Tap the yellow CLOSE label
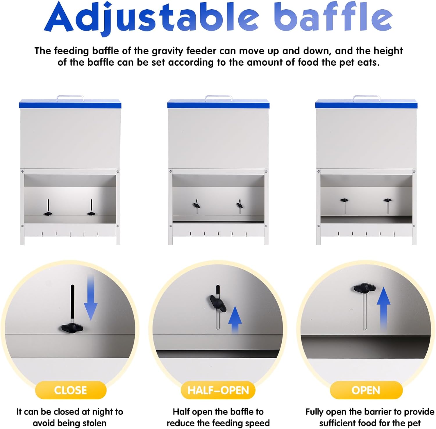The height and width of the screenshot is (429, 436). pyautogui.click(x=71, y=390)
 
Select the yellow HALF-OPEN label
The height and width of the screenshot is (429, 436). pyautogui.click(x=218, y=390)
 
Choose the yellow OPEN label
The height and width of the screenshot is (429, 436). pyautogui.click(x=366, y=390)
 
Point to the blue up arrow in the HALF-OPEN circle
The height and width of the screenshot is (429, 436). pyautogui.click(x=235, y=320)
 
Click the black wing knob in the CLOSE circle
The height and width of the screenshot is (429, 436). pyautogui.click(x=72, y=328)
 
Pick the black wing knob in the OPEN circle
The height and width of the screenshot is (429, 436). pyautogui.click(x=364, y=288)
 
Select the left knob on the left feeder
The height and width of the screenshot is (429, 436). pyautogui.click(x=48, y=214)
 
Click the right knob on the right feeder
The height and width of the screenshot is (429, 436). pyautogui.click(x=387, y=200)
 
